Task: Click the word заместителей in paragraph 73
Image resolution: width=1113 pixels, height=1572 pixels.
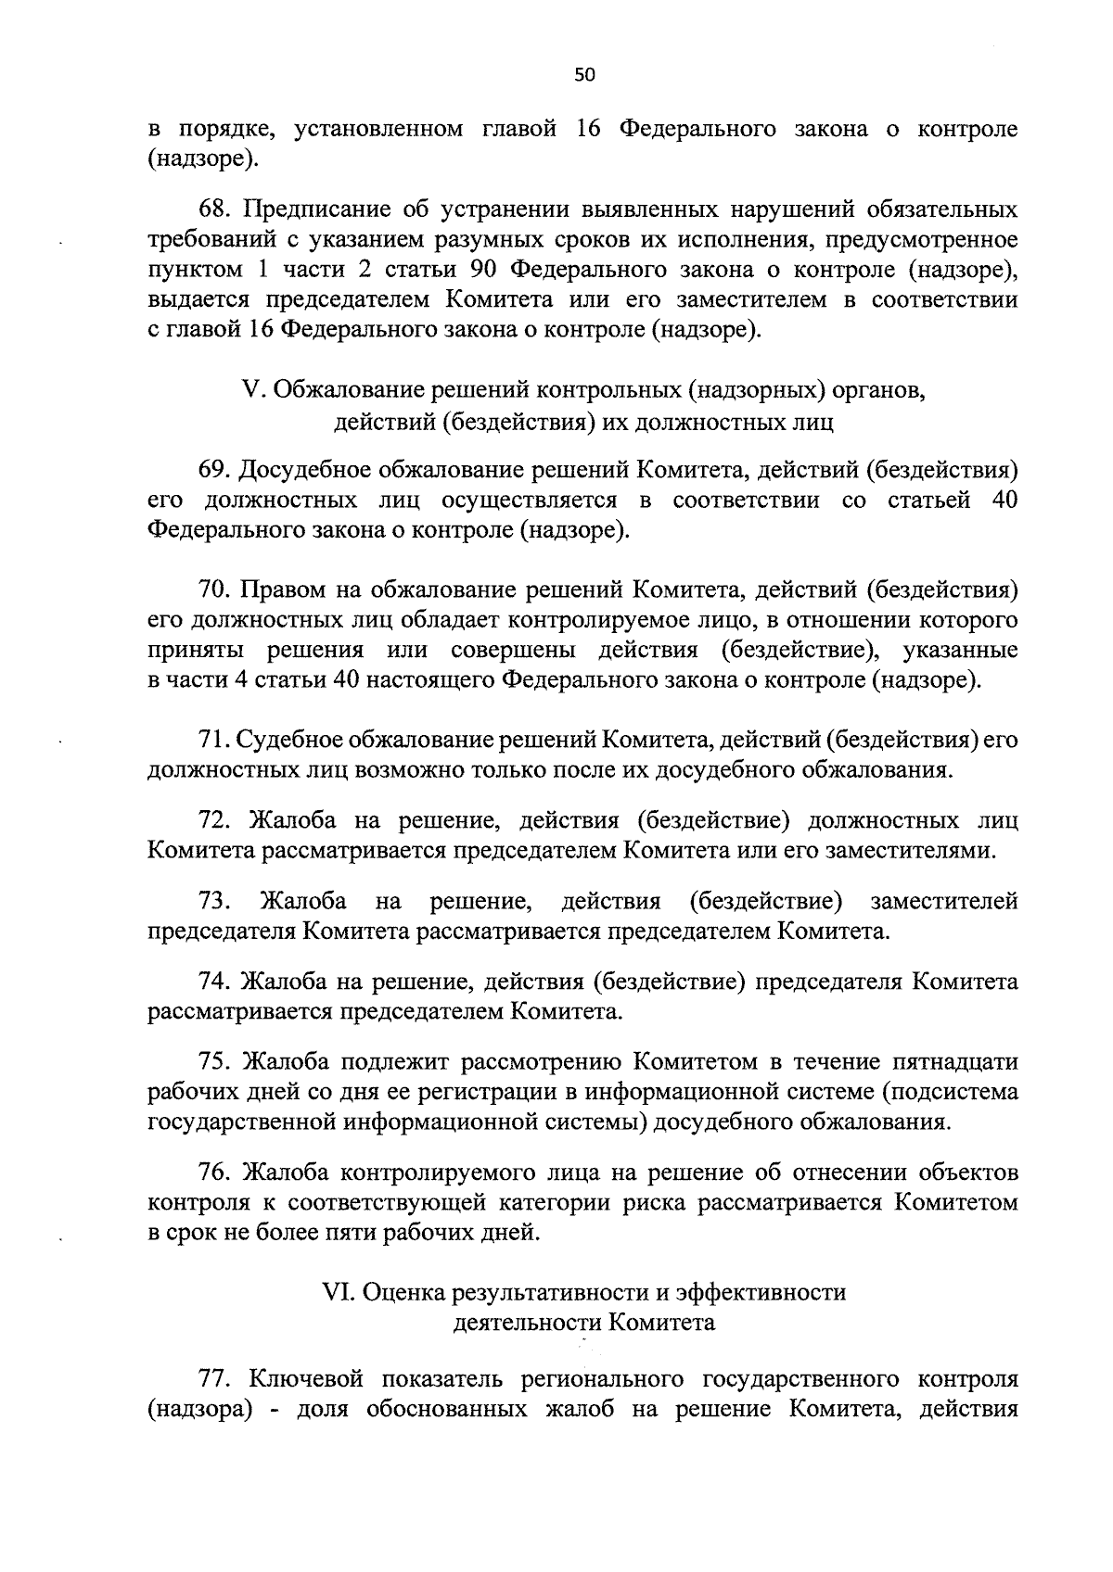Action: point(944,901)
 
